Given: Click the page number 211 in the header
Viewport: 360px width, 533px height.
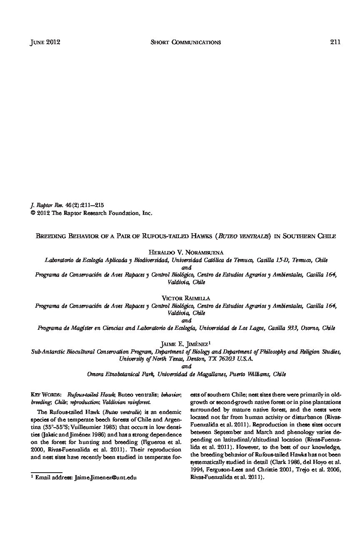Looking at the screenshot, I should pos(335,42).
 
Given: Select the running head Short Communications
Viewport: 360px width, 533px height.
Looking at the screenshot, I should pos(185,42).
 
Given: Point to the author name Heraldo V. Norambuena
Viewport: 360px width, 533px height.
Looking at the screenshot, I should pos(186,252).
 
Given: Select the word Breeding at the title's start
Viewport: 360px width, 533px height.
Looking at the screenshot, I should pos(52,236).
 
